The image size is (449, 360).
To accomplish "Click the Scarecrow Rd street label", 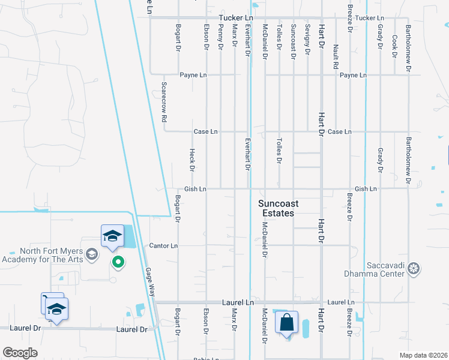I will click(163, 103).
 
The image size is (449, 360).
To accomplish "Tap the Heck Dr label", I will click(192, 160).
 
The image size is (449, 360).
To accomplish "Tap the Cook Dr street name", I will click(394, 46).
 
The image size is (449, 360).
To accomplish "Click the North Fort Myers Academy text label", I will click(43, 255).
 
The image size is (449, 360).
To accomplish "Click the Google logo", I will click(20, 352).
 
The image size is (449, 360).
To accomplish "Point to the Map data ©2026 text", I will click(423, 355).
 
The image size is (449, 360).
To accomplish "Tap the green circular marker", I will click(118, 262).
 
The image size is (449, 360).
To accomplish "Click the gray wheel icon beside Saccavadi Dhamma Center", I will click(414, 269).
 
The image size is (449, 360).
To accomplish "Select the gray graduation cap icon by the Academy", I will click(91, 254).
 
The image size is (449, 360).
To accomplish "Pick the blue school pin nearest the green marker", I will click(112, 237).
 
